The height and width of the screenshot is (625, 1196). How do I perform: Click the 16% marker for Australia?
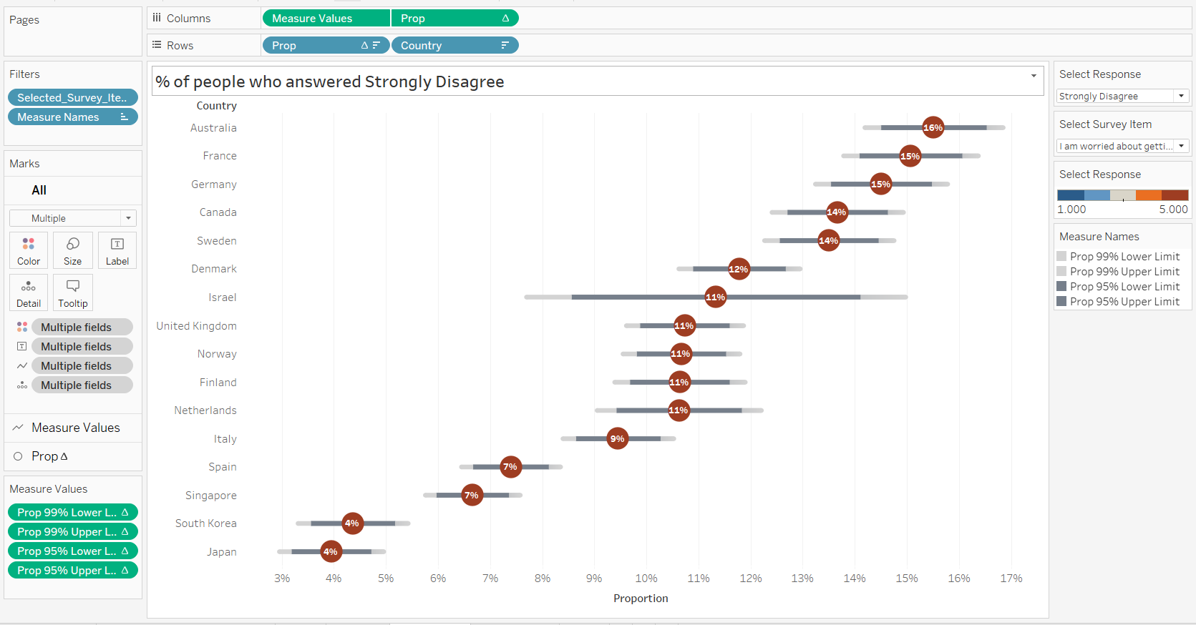933,128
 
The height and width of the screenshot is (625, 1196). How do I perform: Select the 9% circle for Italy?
617,438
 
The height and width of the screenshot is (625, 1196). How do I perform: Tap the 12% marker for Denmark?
738,269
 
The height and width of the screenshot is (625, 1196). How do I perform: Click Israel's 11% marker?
715,297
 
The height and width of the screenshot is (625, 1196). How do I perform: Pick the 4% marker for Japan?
330,551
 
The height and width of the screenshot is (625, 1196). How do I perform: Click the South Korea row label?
205,523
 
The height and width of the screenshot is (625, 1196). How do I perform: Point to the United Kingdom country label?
196,326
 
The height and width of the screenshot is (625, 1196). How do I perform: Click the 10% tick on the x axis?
646,579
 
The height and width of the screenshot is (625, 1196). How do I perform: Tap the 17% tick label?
1011,579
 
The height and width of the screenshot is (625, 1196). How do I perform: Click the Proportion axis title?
641,599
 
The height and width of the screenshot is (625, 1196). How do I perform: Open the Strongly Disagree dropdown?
1181,96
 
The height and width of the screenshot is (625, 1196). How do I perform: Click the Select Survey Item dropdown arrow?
1181,146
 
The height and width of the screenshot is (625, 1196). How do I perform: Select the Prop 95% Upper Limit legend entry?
1124,302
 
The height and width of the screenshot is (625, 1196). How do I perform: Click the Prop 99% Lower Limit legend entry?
1124,257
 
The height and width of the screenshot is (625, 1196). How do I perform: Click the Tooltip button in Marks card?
73,292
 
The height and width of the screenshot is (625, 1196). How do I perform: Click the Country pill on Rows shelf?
454,46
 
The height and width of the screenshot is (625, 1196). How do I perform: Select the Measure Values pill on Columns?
326,19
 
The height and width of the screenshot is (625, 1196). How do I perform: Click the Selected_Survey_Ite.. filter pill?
72,98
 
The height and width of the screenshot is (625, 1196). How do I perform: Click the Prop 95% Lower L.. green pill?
72,551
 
